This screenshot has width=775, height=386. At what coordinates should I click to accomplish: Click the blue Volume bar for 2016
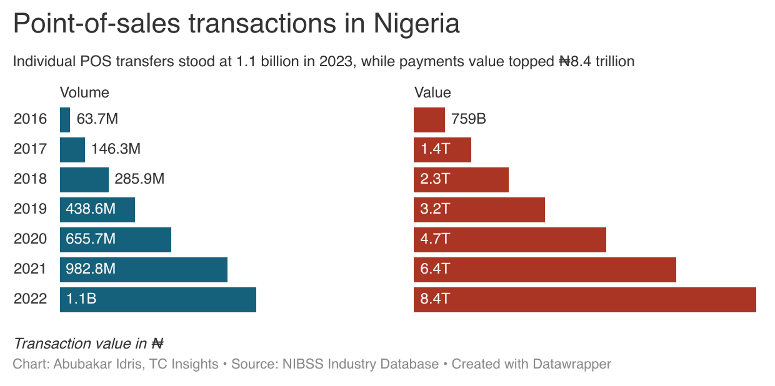click(x=65, y=119)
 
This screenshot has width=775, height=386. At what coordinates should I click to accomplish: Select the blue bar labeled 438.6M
click(x=97, y=209)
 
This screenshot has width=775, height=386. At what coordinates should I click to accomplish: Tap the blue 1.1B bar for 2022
click(x=158, y=299)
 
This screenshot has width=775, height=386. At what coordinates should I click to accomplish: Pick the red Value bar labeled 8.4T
click(x=584, y=299)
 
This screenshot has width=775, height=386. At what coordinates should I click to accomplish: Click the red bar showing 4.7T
click(x=509, y=239)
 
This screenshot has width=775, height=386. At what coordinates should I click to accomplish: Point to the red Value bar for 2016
click(x=429, y=119)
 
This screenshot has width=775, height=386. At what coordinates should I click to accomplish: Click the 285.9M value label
click(x=139, y=179)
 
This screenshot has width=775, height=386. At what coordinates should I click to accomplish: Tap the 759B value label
click(x=468, y=119)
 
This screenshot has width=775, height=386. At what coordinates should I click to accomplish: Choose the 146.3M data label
click(x=116, y=149)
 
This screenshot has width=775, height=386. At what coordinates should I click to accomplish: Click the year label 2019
click(x=30, y=209)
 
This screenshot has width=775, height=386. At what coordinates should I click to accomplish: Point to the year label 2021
click(x=30, y=269)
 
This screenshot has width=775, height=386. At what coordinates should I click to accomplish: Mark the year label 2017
click(x=30, y=149)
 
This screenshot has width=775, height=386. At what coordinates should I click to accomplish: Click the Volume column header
click(x=84, y=92)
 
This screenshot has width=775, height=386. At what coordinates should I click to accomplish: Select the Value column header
click(x=432, y=92)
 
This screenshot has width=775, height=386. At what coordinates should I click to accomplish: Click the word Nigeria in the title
click(x=416, y=24)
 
